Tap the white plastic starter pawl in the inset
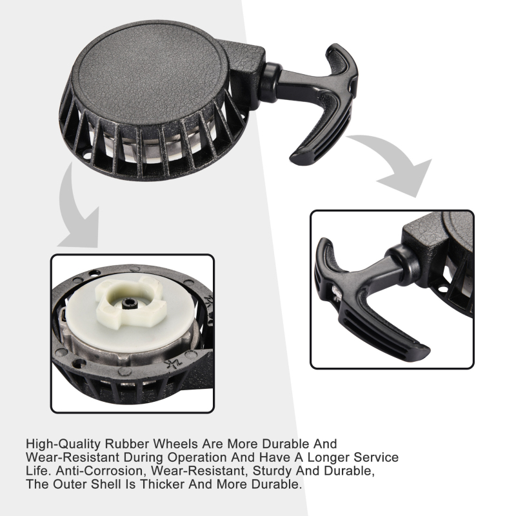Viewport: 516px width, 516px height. tap(131, 301)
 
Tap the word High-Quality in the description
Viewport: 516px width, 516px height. tap(63, 444)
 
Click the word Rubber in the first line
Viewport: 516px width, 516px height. tap(127, 444)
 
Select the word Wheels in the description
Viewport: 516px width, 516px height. tap(176, 444)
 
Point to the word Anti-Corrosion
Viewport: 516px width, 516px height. tap(101, 471)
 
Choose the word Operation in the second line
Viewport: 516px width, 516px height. tap(197, 457)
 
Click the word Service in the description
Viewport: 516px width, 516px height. tap(376, 457)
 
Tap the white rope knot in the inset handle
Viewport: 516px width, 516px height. tap(336, 293)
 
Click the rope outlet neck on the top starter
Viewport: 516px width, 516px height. tap(270, 82)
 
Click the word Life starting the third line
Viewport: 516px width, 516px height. tap(37, 471)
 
